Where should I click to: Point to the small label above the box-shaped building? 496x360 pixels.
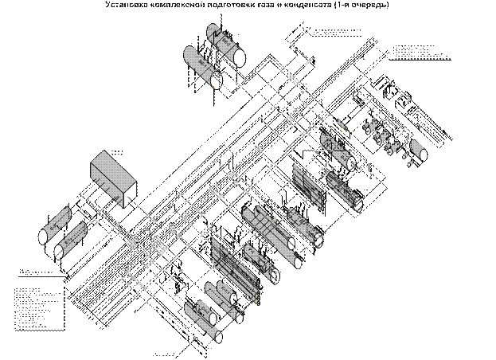(x=116, y=151)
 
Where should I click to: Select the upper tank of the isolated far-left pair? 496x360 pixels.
(x=56, y=227)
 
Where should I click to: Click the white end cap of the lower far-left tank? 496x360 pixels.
(x=59, y=252)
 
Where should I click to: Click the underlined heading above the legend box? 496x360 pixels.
(x=36, y=272)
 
